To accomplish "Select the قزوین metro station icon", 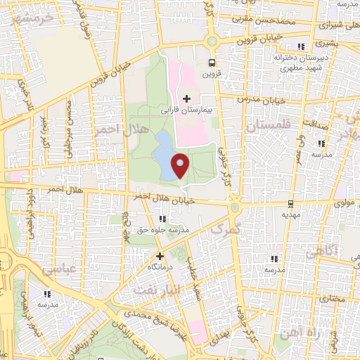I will tap(212, 62).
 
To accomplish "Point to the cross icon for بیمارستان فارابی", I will tap(186, 98).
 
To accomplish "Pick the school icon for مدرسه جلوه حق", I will tap(164, 219).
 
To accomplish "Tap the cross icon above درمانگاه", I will tap(160, 257).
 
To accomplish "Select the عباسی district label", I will tap(58, 269).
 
